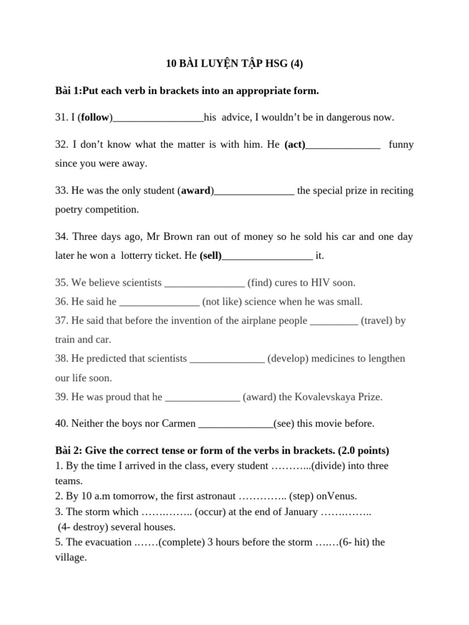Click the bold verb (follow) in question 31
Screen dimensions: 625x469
[x=95, y=117]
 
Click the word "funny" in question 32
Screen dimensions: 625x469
[x=401, y=145]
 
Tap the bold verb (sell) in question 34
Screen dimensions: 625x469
[x=211, y=256]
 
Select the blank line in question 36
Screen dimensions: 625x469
[x=159, y=303]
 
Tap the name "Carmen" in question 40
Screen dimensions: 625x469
[x=179, y=423]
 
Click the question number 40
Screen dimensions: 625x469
[x=62, y=423]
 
